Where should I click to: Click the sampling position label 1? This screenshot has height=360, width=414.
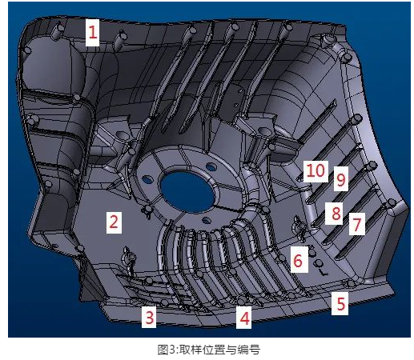(x=92, y=33)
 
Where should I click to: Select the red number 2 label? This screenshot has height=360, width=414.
(x=114, y=222)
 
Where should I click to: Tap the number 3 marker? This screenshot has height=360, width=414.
(x=149, y=317)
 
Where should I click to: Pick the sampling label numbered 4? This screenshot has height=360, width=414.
(x=244, y=317)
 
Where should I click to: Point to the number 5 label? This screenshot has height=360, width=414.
(x=340, y=303)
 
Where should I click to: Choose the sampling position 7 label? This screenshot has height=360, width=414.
(x=357, y=224)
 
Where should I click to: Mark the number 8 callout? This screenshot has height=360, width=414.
(x=335, y=214)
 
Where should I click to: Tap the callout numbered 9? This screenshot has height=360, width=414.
(x=341, y=179)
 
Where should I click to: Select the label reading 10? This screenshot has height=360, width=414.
(x=316, y=171)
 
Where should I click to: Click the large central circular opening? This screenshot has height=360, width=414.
(x=188, y=191)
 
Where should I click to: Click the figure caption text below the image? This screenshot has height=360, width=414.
(x=208, y=350)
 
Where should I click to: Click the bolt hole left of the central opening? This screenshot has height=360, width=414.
(x=147, y=179)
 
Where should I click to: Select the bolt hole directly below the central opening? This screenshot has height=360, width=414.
(x=207, y=220)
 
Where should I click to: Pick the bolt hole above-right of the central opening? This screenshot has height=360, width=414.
(x=211, y=167)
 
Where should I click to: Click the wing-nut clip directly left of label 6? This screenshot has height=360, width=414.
(x=299, y=226)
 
